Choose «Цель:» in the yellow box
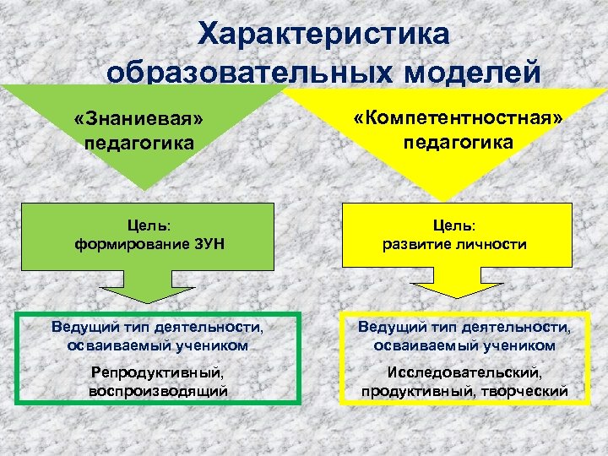pos(456,225)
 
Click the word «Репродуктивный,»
pos(158,372)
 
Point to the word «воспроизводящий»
pos(158,390)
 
